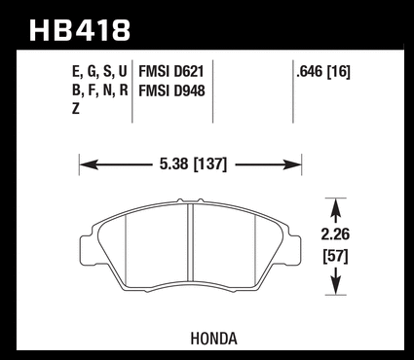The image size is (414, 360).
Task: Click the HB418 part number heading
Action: (80, 30)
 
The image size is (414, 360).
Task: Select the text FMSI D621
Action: (171, 71)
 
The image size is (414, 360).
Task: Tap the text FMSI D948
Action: (171, 90)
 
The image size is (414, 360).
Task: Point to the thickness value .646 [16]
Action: (323, 71)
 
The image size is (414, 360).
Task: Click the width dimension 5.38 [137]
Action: (193, 164)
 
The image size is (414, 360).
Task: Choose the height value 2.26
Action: (335, 234)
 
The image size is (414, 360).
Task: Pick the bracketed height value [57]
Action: (335, 257)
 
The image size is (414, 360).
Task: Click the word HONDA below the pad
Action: (213, 339)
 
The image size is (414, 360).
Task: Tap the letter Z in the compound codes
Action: (76, 109)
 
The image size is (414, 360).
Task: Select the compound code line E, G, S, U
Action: (99, 72)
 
